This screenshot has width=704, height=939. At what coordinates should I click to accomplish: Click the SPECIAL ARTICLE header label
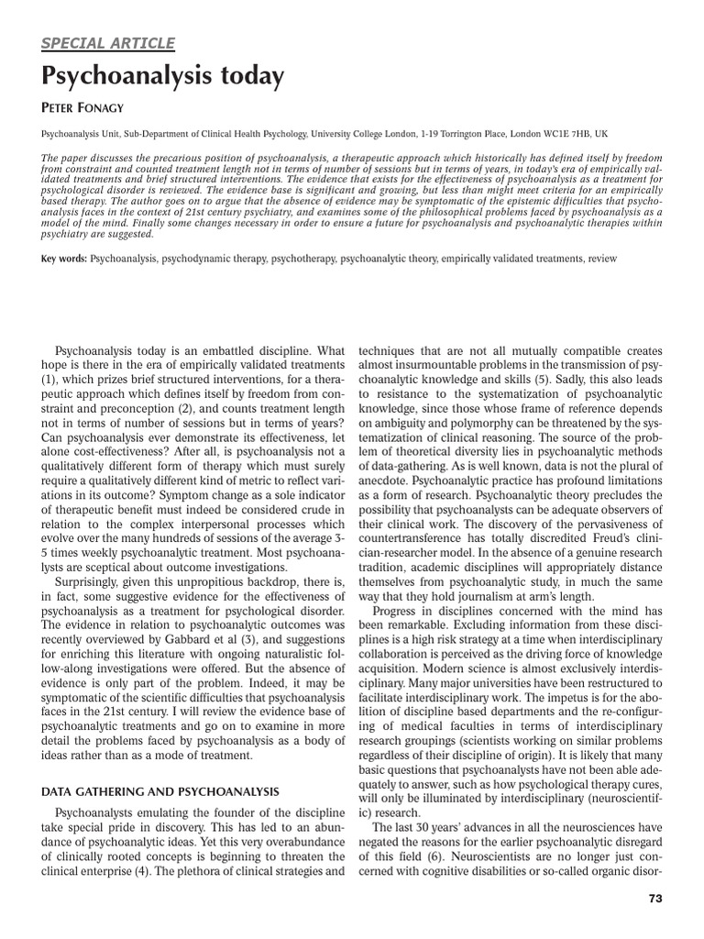coord(108,42)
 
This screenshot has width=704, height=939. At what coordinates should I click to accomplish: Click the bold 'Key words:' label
coord(64,260)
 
